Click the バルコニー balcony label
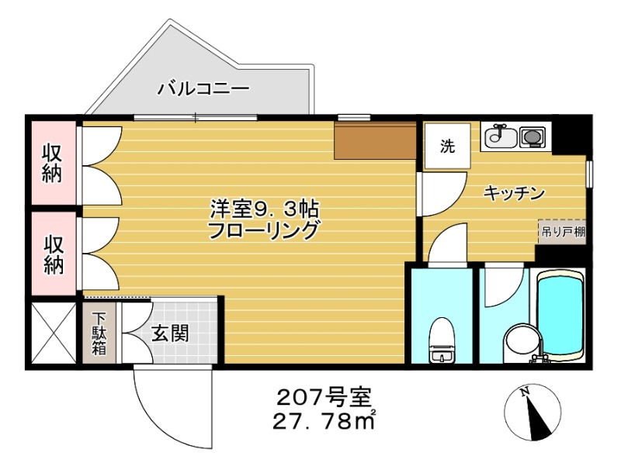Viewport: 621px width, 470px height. pos(203,88)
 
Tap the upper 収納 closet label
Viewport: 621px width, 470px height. pos(52,163)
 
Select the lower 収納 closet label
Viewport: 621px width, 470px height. pos(52,254)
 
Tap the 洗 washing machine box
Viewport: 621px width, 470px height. pos(447,145)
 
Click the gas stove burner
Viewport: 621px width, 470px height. pos(533,138)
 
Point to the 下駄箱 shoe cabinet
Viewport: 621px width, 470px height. pos(100,333)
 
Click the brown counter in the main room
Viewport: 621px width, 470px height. pos(376,140)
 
